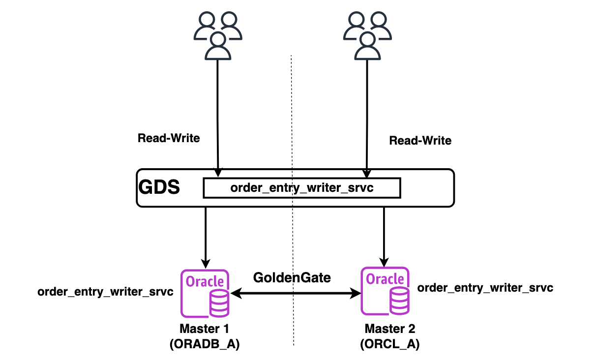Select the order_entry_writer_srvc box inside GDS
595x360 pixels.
(x=302, y=188)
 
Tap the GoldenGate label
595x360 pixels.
(x=292, y=277)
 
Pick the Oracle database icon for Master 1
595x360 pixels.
(x=205, y=293)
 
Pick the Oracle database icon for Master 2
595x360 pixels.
(x=385, y=291)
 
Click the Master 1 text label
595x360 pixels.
(x=204, y=328)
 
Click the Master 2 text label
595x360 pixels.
(x=390, y=328)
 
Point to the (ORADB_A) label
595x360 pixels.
(x=204, y=345)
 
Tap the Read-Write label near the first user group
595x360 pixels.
(x=169, y=138)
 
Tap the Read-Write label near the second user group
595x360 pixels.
(x=420, y=141)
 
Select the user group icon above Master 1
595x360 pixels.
(x=218, y=35)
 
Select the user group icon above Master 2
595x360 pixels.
(x=366, y=35)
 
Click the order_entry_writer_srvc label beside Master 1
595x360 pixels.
(x=106, y=292)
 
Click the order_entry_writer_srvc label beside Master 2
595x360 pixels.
(x=485, y=287)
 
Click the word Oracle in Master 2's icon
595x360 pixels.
(x=385, y=279)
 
